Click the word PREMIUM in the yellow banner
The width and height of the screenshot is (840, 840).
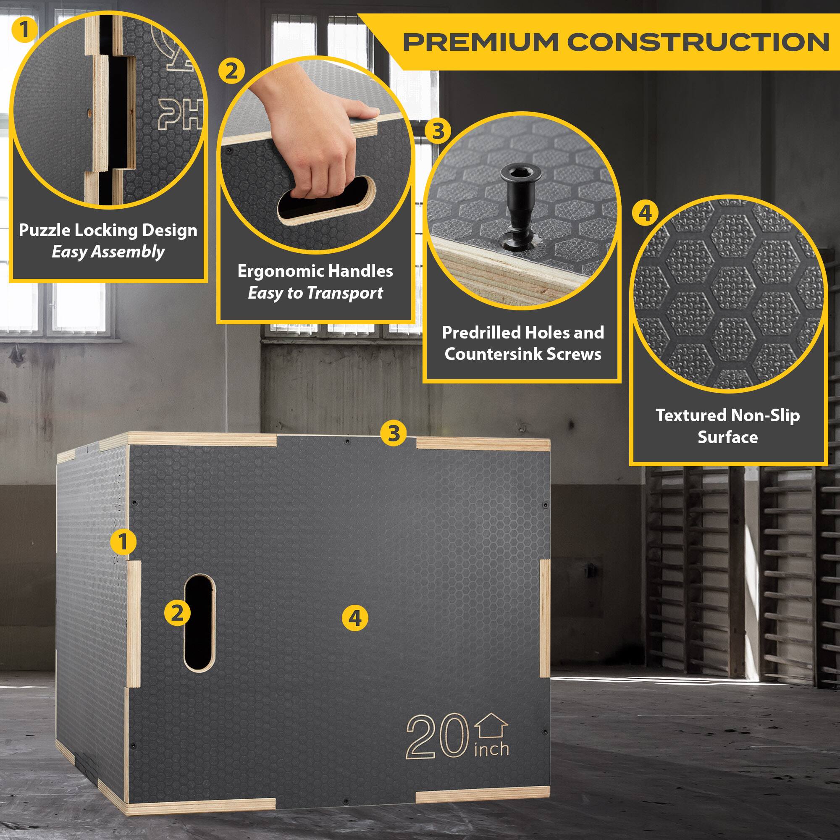[x=481, y=42]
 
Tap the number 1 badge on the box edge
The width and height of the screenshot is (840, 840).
[x=123, y=542]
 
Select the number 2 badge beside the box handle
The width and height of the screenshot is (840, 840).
[x=177, y=614]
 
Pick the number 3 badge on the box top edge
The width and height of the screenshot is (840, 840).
[x=393, y=433]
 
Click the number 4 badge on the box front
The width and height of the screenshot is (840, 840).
[x=355, y=618]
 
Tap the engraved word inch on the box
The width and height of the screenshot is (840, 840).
[x=491, y=750]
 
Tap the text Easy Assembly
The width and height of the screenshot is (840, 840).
[x=108, y=252]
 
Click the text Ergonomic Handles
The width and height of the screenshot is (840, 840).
[x=315, y=271]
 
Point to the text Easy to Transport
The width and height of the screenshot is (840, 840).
[x=315, y=293]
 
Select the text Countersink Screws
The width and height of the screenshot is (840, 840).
[x=522, y=354]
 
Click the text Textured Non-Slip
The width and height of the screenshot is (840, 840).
[x=727, y=415]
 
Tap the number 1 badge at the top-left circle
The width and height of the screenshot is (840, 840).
[x=24, y=29]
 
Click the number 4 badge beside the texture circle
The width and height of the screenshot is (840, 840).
[x=645, y=213]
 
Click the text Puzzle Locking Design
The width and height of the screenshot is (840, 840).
[x=108, y=230]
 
